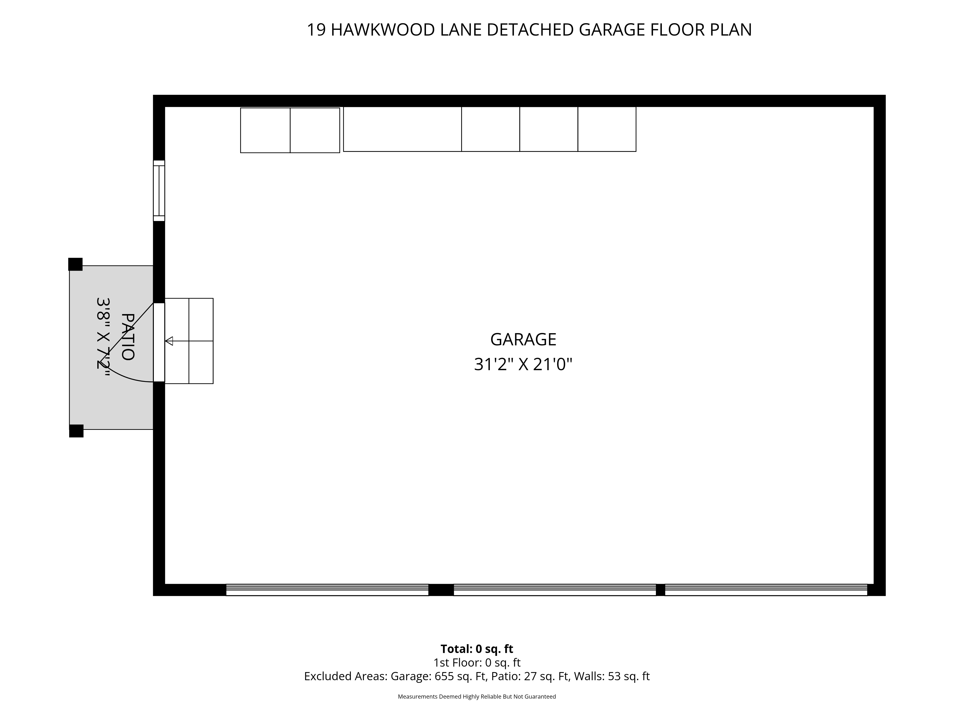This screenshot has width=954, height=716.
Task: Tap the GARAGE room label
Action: pyautogui.click(x=523, y=340)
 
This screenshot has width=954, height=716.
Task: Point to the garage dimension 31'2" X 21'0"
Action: pyautogui.click(x=523, y=365)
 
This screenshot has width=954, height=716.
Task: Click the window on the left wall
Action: pyautogui.click(x=159, y=191)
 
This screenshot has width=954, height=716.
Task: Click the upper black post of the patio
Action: pyautogui.click(x=75, y=264)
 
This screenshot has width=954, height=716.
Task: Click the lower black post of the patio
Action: pyautogui.click(x=76, y=431)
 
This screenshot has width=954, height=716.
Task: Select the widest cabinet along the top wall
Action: pyautogui.click(x=402, y=129)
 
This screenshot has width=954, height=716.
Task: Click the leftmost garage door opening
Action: pyautogui.click(x=327, y=590)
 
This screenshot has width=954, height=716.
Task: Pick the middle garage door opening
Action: pyautogui.click(x=555, y=590)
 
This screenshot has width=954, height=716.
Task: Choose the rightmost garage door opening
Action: pyautogui.click(x=766, y=590)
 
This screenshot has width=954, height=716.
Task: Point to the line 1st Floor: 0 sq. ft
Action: pyautogui.click(x=477, y=663)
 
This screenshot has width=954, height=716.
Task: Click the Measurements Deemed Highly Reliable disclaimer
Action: pyautogui.click(x=477, y=697)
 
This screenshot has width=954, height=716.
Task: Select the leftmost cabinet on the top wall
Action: pyautogui.click(x=265, y=130)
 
